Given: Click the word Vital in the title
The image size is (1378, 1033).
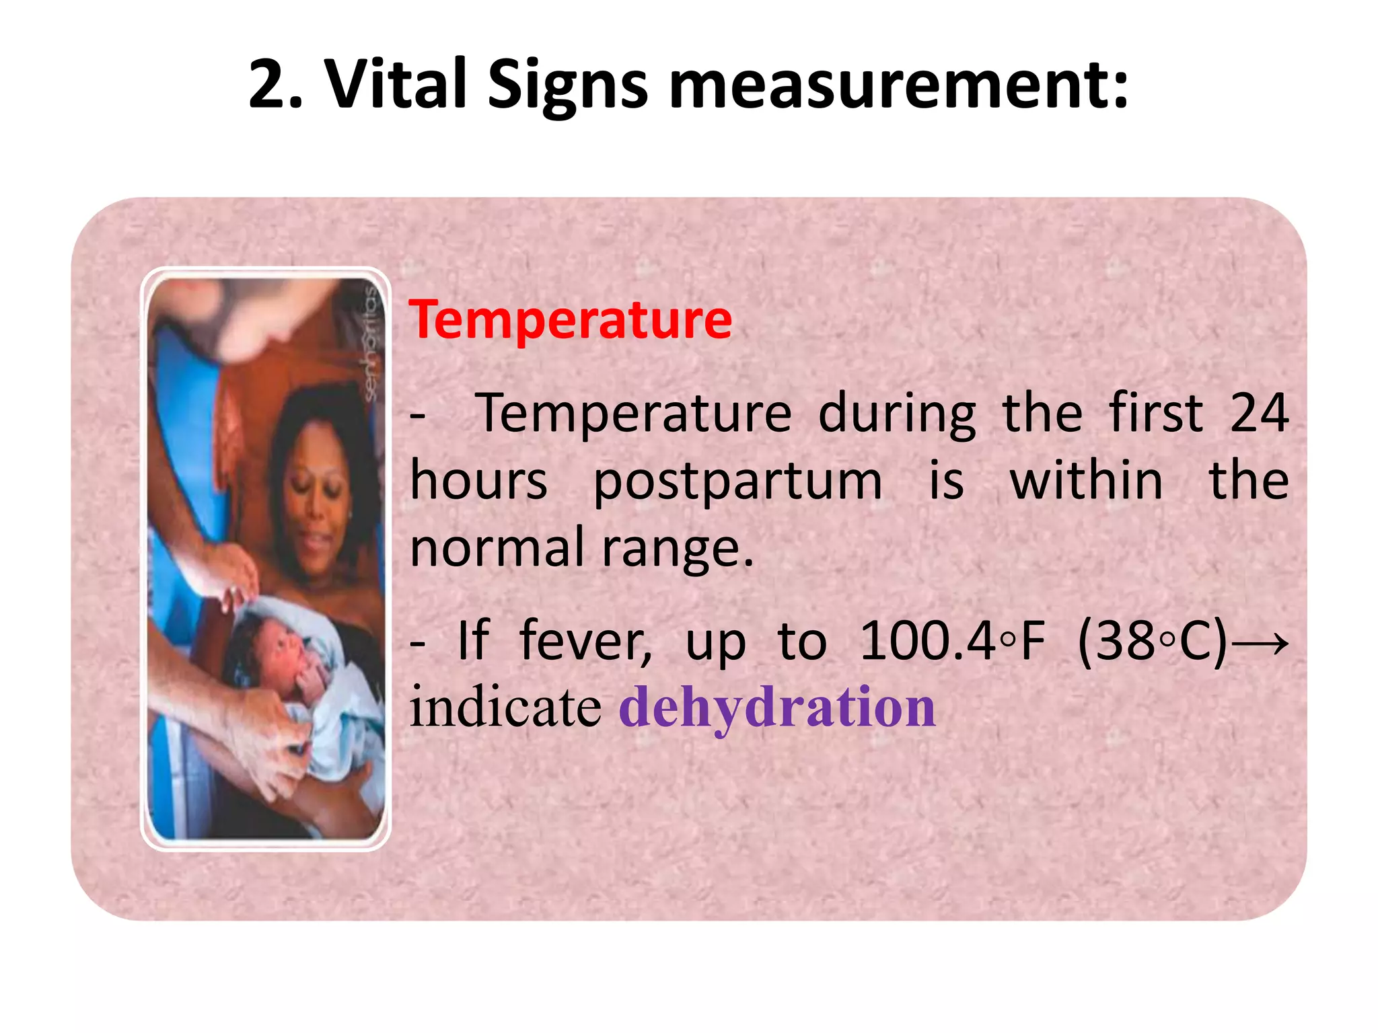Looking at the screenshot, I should (x=396, y=85).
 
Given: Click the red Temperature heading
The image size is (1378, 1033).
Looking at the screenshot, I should (x=570, y=319).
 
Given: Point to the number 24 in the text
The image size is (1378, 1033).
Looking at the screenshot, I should (x=1258, y=413).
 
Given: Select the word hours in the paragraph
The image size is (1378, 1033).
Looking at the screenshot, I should (x=478, y=482).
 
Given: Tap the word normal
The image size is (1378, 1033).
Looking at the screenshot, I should (x=497, y=548).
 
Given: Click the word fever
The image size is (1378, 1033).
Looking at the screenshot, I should (x=585, y=641).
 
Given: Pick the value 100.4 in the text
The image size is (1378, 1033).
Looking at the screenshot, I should (x=927, y=641).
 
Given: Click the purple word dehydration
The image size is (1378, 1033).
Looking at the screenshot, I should (x=777, y=707).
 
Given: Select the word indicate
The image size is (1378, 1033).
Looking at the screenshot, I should (x=505, y=707).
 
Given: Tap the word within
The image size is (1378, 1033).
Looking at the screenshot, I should (x=1086, y=482).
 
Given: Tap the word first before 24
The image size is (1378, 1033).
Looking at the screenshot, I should (x=1155, y=413).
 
